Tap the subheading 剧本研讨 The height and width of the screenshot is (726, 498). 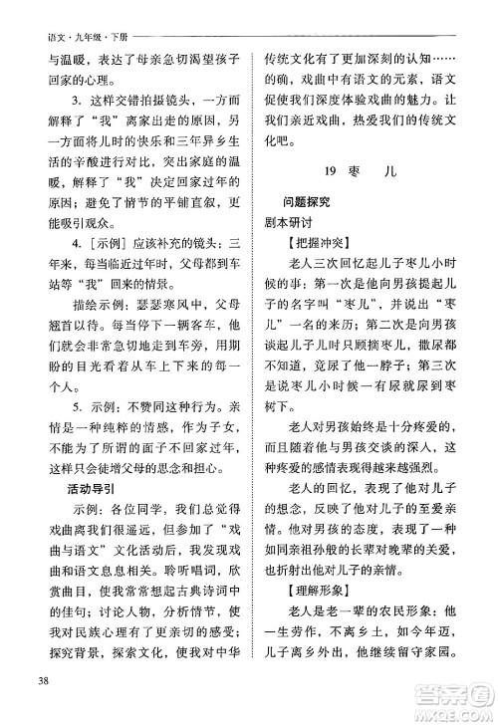[x=286, y=222]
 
